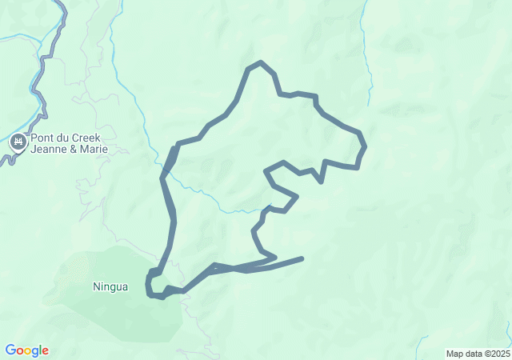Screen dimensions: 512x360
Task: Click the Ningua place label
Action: coord(110,286)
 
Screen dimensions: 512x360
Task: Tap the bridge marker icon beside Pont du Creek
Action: coord(18,143)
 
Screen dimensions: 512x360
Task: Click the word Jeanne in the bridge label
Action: coord(50,149)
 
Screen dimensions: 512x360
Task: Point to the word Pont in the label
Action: coord(42,138)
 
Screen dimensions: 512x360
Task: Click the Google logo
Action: coord(26,350)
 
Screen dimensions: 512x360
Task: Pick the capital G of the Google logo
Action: coord(10,350)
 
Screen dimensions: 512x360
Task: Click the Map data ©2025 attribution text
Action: coord(477,354)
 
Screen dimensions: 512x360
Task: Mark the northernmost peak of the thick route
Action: coord(260,62)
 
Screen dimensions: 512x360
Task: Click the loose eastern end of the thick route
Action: coord(302,258)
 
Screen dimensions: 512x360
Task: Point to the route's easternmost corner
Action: coord(364,146)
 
